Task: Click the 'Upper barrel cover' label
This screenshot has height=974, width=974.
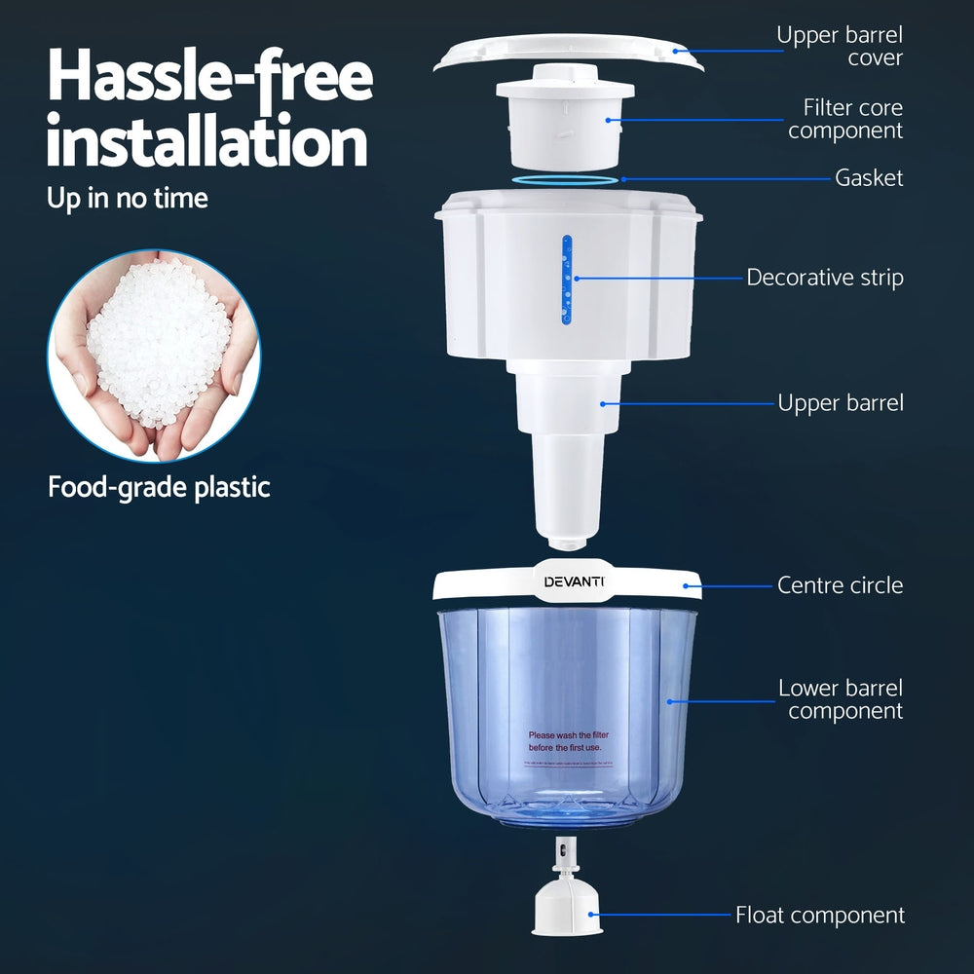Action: coord(839,47)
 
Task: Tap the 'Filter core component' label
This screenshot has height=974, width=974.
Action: coord(844,119)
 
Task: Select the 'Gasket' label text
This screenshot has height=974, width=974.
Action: coord(869,178)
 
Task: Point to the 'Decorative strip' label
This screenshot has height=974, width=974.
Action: coord(824,278)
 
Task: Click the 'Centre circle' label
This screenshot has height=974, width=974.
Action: coord(840,585)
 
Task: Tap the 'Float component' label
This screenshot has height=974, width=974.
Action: coord(819,916)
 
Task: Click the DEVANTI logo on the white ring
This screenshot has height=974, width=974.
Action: coord(574,582)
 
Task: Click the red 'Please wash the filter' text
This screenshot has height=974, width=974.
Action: coord(565,741)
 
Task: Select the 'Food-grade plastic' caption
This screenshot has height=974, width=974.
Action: coord(159,487)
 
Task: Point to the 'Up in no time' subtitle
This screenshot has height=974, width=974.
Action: coord(128,199)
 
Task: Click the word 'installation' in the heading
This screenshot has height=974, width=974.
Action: coord(207,143)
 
